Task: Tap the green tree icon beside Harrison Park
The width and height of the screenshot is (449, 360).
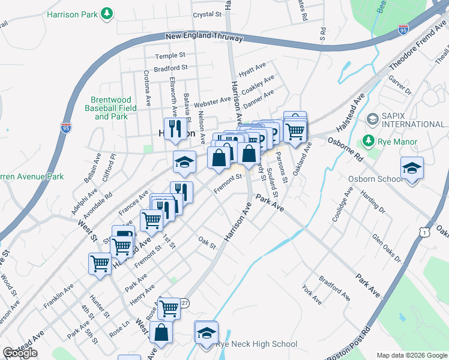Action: pyautogui.click(x=107, y=13)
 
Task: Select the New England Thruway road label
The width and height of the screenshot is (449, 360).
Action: pyautogui.click(x=204, y=37)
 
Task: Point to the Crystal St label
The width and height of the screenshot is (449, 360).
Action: pyautogui.click(x=207, y=14)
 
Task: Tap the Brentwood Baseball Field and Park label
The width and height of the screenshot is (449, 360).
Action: pyautogui.click(x=111, y=108)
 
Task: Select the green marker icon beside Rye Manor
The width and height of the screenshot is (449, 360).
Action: pyautogui.click(x=367, y=142)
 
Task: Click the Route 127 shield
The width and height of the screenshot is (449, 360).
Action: pyautogui.click(x=184, y=304)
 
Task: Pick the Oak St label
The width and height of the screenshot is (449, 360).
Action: pyautogui.click(x=207, y=242)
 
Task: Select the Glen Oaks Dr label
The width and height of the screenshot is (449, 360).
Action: pyautogui.click(x=386, y=249)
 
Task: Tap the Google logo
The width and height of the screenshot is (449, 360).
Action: pyautogui.click(x=20, y=353)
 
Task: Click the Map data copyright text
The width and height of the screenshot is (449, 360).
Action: pyautogui.click(x=412, y=355)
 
